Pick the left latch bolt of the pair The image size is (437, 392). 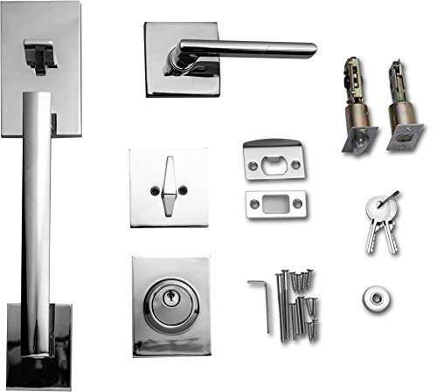coord(357,105)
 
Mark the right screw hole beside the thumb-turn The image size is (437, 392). coord(189,188)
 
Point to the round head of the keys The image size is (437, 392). coord(376,207)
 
